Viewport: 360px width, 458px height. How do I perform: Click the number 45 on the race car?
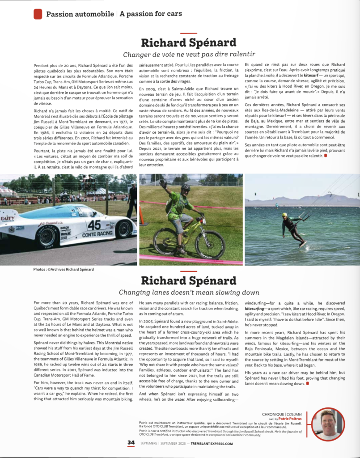coord(93,225)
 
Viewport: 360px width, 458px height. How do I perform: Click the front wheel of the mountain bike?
coord(210,244)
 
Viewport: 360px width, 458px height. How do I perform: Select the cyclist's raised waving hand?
coord(163,183)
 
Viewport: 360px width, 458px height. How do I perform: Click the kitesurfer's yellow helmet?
coord(285,215)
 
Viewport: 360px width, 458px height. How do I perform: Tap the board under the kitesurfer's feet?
coord(303,244)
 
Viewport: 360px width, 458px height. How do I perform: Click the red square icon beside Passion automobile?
coord(38,14)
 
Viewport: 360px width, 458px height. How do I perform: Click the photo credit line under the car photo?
coord(64,269)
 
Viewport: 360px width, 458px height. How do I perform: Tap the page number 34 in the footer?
coord(131,443)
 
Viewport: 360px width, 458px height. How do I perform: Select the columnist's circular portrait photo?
coord(328,424)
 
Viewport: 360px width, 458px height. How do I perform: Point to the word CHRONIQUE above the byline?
coord(273,414)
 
